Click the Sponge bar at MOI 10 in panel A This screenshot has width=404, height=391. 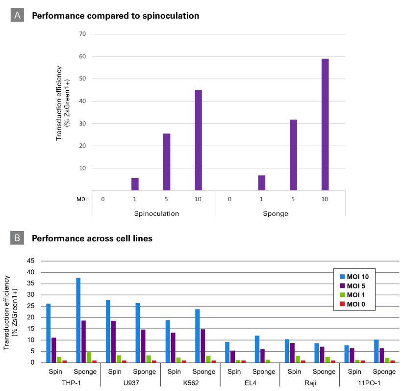(325, 125)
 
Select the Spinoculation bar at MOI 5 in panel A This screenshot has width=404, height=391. (167, 162)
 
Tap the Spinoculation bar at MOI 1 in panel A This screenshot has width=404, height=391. (135, 184)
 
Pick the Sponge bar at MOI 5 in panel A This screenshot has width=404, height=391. (293, 155)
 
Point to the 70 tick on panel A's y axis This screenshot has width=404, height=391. (82, 34)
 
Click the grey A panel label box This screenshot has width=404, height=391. (17, 15)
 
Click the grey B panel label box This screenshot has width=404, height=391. (17, 237)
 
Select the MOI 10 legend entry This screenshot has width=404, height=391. (354, 277)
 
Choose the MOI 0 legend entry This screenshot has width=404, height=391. (353, 304)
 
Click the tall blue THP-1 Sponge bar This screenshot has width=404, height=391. (78, 320)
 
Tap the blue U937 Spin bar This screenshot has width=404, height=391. (108, 332)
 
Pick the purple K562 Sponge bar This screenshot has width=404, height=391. (203, 346)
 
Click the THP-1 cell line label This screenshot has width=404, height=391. (72, 383)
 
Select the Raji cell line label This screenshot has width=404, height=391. (310, 383)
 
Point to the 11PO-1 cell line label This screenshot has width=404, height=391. (369, 383)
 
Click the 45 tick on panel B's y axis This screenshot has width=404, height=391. (31, 261)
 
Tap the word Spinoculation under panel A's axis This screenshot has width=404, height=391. (156, 214)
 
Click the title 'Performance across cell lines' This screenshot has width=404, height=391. (92, 238)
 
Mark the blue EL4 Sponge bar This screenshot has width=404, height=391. (257, 349)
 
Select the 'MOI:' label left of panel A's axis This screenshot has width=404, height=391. (82, 199)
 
